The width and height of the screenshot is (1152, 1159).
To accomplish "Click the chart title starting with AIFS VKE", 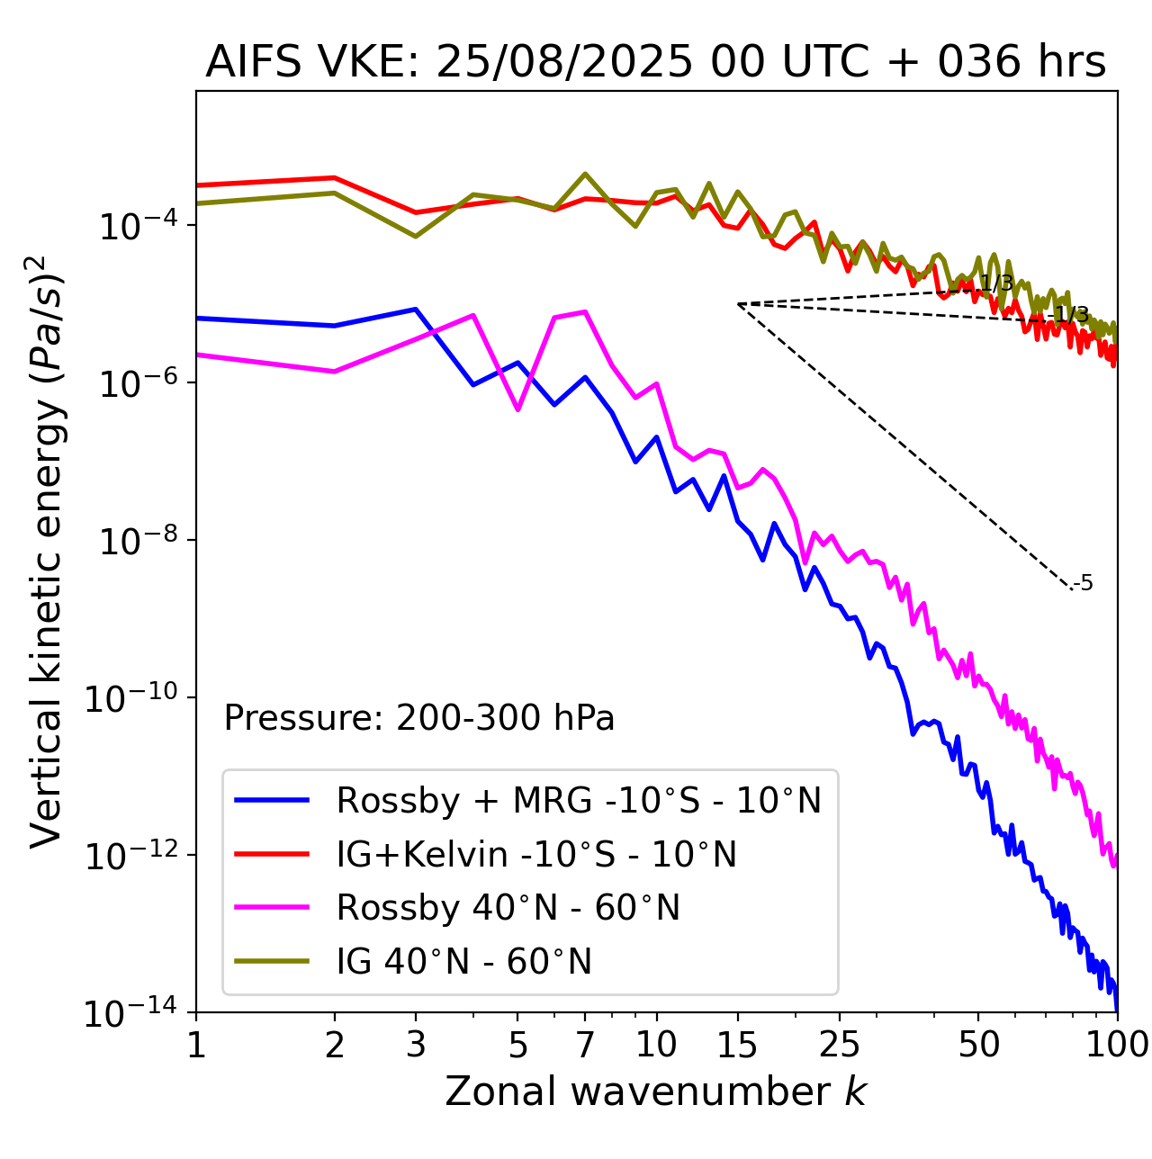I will click(655, 63).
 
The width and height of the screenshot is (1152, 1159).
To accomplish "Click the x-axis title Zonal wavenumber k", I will click(655, 1092).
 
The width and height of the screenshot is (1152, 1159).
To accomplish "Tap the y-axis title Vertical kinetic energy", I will click(47, 552).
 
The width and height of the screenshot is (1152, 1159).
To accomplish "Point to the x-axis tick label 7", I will click(585, 1045).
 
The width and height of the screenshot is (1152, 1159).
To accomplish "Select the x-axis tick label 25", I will click(840, 1045).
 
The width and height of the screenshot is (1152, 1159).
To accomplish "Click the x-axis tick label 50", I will click(978, 1045).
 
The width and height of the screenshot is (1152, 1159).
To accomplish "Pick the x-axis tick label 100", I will click(1117, 1045).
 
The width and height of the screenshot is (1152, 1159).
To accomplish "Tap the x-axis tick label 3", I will click(416, 1045).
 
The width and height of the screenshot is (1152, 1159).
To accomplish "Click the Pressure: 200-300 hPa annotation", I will click(419, 718).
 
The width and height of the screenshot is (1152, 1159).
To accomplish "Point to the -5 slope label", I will click(1084, 583).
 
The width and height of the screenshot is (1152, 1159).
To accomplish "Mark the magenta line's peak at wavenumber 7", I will click(586, 311).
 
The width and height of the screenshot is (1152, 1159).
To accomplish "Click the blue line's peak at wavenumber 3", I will click(416, 309).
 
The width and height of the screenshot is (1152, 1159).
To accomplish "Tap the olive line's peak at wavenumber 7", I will click(585, 174).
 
